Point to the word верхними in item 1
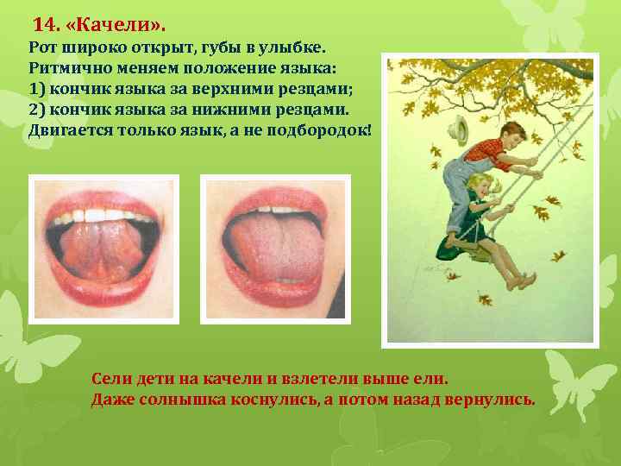(240, 89)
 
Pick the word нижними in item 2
(239, 110)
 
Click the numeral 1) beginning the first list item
(36, 89)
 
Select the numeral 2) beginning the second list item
(36, 110)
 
